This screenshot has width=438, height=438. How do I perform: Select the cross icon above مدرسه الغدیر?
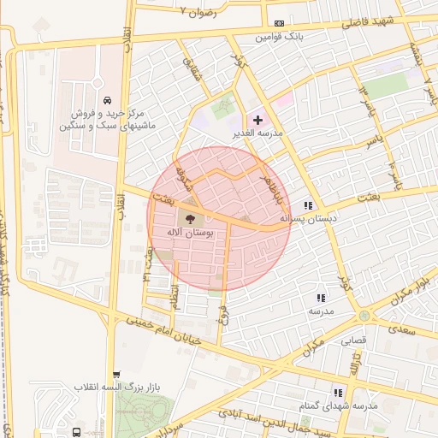point(257,120)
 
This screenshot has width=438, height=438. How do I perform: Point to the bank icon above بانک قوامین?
point(279,24)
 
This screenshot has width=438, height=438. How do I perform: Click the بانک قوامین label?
point(280,38)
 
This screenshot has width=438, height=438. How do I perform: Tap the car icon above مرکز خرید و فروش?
point(105,99)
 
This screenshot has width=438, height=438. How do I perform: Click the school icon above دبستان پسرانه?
point(308,206)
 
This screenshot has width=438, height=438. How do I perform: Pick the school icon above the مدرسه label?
point(321,299)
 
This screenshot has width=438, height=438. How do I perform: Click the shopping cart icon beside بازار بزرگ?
point(117,375)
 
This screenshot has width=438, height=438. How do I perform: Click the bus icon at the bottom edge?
point(77,432)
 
